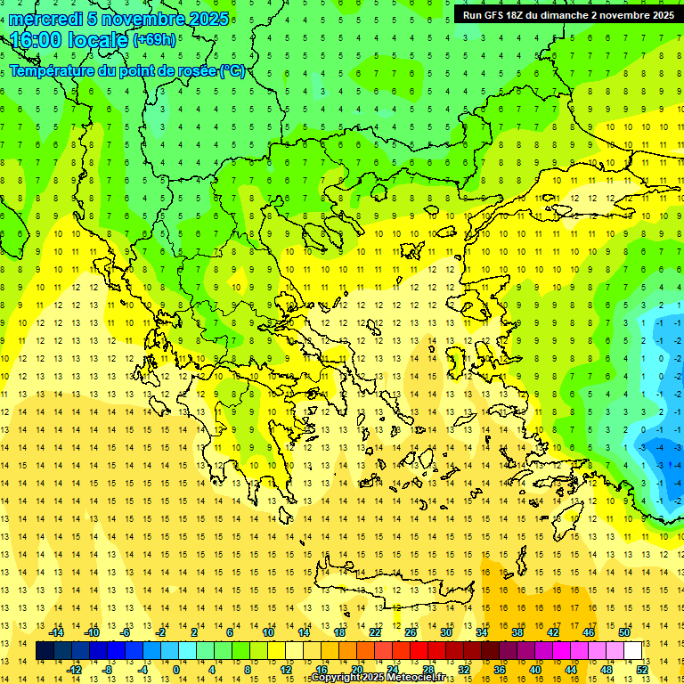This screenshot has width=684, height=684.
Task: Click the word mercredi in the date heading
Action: [45, 19]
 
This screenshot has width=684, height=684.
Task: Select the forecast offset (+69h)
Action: [154, 40]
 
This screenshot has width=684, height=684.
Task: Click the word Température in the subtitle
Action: [52, 70]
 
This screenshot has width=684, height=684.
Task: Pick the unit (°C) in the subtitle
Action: [232, 70]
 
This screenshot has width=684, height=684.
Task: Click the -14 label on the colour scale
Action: [57, 632]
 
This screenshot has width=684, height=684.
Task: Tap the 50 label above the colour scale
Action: [623, 632]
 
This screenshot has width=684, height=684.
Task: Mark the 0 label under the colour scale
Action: [175, 670]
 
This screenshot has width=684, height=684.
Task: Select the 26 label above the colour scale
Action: [411, 632]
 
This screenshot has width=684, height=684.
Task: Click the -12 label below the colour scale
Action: [75, 670]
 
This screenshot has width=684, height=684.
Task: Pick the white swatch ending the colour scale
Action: [633, 651]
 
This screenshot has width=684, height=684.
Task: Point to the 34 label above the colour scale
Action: [482, 632]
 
